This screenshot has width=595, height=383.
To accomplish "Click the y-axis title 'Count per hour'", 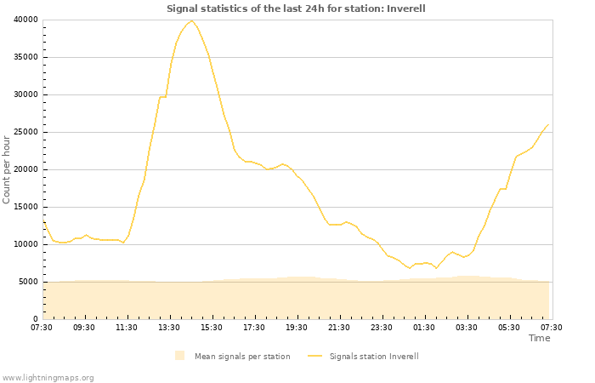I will click(x=8, y=169).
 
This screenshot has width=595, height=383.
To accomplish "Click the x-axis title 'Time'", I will click(x=539, y=338).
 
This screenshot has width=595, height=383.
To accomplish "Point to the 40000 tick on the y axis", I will click(x=25, y=20).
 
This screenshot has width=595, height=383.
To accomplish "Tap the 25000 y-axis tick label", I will click(x=25, y=132).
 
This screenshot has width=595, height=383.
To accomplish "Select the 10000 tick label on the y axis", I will click(x=25, y=244).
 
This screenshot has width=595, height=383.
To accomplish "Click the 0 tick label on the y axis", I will click(x=35, y=319).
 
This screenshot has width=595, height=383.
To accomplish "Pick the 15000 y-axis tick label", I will click(x=25, y=207).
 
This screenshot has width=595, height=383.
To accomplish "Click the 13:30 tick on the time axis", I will click(x=169, y=327).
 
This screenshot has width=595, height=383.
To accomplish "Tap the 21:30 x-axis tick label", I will click(x=339, y=327).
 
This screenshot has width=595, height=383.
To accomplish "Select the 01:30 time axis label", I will click(x=424, y=327).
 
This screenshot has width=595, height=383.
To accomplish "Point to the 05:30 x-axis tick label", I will click(x=509, y=327).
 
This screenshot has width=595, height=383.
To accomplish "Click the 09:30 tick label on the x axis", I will click(x=84, y=327).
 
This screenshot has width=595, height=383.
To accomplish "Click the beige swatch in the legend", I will click(x=179, y=356).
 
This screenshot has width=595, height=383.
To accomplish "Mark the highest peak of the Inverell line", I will click(x=191, y=20).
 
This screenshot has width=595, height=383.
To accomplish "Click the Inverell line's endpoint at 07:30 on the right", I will click(x=549, y=124).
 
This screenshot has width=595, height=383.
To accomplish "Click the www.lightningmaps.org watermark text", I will click(x=48, y=377).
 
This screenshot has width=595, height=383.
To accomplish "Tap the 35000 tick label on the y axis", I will click(x=25, y=57).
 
